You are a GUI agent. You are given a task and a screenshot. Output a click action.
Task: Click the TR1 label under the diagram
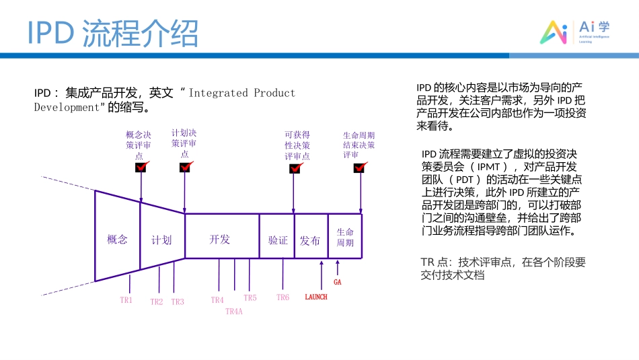(x=126, y=300)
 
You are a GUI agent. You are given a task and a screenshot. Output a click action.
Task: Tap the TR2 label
(x=157, y=302)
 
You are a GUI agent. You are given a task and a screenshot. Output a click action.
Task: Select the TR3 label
(x=178, y=302)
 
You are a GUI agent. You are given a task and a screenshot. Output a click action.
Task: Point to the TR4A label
(x=233, y=311)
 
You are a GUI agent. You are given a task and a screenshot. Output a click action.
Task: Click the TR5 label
(x=250, y=297)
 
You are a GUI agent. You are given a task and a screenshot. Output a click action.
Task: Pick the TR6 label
(x=283, y=297)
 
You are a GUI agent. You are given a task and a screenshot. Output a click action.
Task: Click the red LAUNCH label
(x=316, y=297)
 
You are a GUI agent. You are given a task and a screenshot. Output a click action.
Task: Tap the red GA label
(x=338, y=283)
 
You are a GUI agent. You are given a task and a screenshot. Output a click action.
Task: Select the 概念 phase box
(x=117, y=239)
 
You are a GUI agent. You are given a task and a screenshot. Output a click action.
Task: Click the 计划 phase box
(x=161, y=240)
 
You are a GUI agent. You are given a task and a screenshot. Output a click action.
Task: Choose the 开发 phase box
(x=220, y=239)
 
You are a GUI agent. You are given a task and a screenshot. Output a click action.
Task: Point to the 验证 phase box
(x=278, y=240)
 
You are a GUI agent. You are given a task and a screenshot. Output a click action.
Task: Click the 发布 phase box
(x=310, y=240)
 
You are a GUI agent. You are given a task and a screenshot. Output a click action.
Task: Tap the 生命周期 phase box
(x=345, y=237)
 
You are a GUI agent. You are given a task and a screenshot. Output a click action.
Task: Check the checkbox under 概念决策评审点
(x=141, y=168)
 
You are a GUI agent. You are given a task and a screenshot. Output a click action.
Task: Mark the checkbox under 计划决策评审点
(x=185, y=167)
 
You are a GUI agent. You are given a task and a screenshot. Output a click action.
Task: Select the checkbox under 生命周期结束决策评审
(x=359, y=168)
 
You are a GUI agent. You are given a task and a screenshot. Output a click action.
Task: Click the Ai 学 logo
(x=576, y=31)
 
